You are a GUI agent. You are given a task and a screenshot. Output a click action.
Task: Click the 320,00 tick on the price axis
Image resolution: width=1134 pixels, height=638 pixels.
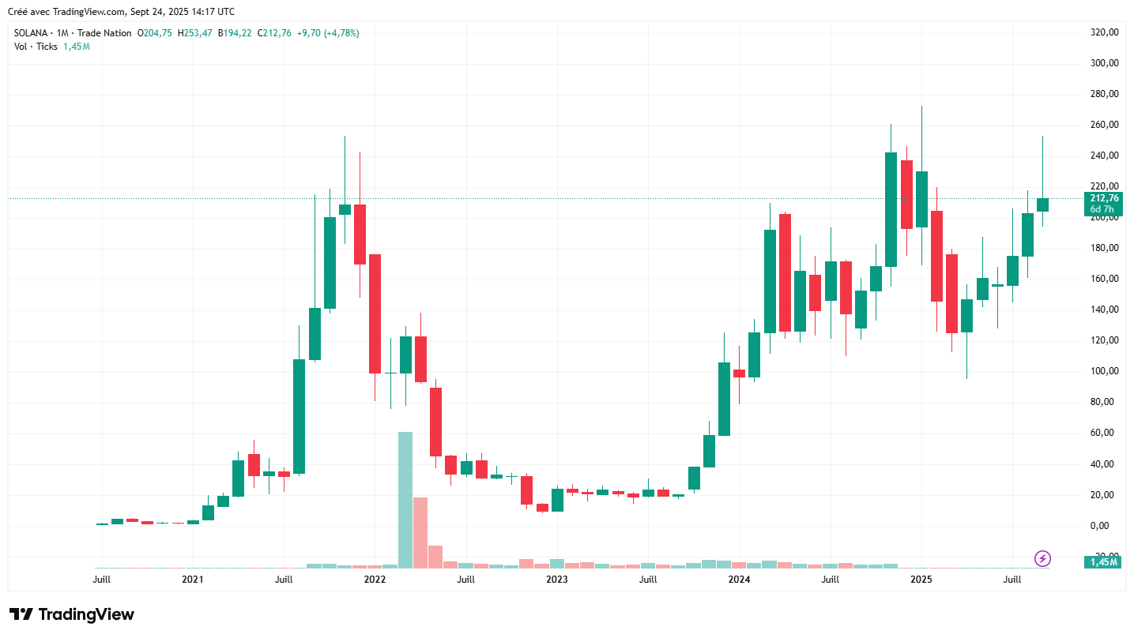1104,32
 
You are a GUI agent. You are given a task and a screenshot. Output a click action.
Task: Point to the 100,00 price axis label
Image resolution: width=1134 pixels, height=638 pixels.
1104,371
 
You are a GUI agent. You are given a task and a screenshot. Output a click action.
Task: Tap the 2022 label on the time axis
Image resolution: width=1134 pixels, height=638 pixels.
375,580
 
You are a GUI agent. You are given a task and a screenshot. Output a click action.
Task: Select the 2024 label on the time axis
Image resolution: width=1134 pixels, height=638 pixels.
739,580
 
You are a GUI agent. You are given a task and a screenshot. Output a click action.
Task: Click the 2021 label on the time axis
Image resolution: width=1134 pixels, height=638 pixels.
193,580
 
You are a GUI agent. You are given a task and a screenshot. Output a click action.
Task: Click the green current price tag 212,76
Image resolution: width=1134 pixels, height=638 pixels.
1104,198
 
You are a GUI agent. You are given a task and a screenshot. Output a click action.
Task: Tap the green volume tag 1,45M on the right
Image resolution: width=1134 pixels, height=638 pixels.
1103,562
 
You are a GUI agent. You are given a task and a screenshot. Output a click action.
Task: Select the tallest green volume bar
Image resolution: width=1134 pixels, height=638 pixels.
405,499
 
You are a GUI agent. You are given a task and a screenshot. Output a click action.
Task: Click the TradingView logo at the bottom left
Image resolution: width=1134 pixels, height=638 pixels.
72,614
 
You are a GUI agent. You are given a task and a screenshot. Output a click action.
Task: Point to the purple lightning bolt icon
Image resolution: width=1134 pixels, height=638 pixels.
1042,559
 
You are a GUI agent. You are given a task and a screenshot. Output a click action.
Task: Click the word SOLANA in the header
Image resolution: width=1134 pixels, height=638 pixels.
32,33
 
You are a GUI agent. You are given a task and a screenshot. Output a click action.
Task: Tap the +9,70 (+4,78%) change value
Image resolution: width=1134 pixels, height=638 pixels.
328,33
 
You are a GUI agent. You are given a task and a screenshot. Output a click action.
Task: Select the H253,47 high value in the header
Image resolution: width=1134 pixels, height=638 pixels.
194,33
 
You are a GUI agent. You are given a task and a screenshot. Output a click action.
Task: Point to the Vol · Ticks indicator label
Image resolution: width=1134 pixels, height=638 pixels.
36,47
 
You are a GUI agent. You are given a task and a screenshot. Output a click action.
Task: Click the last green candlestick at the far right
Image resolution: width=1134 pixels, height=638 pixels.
1043,205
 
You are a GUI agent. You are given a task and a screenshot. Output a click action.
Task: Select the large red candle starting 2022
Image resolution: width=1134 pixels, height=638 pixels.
375,313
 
